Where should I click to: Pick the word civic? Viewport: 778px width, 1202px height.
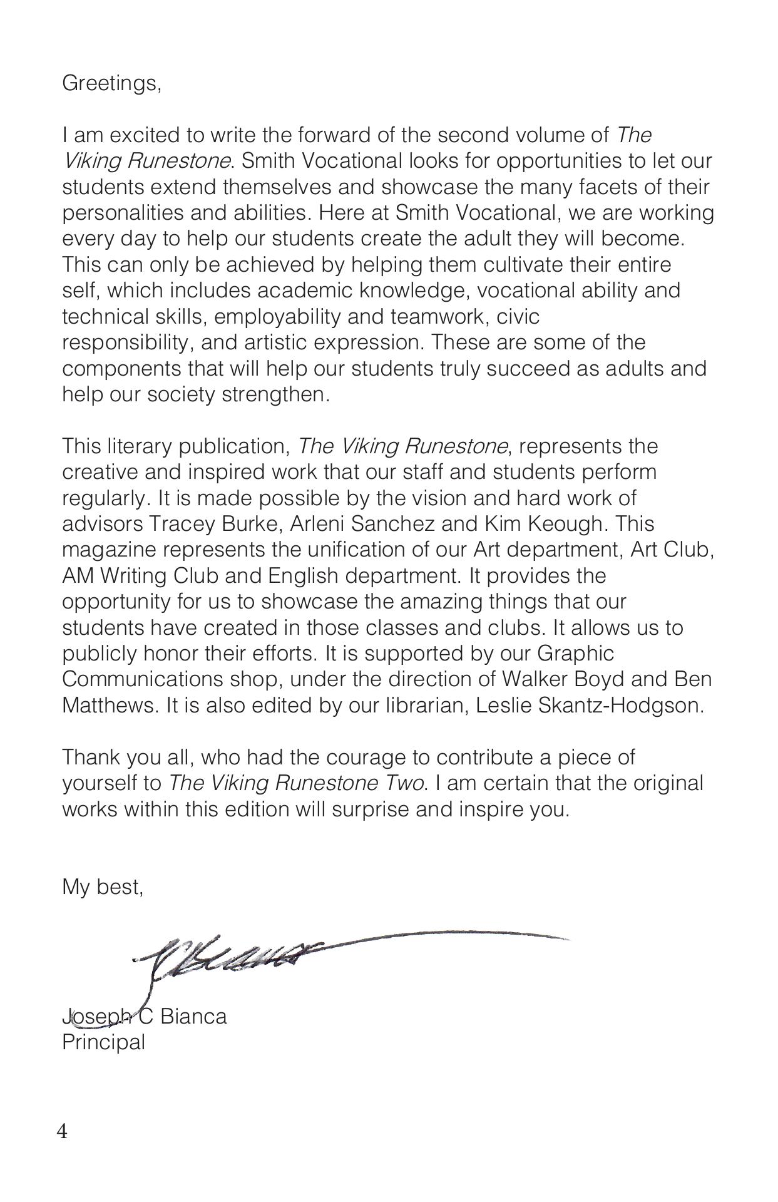(518, 317)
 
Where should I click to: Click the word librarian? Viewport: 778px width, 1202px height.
(426, 706)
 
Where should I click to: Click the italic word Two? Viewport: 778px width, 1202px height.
(402, 784)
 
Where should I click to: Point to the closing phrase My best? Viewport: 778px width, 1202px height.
(103, 887)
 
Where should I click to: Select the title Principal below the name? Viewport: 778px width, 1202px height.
(103, 1042)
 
